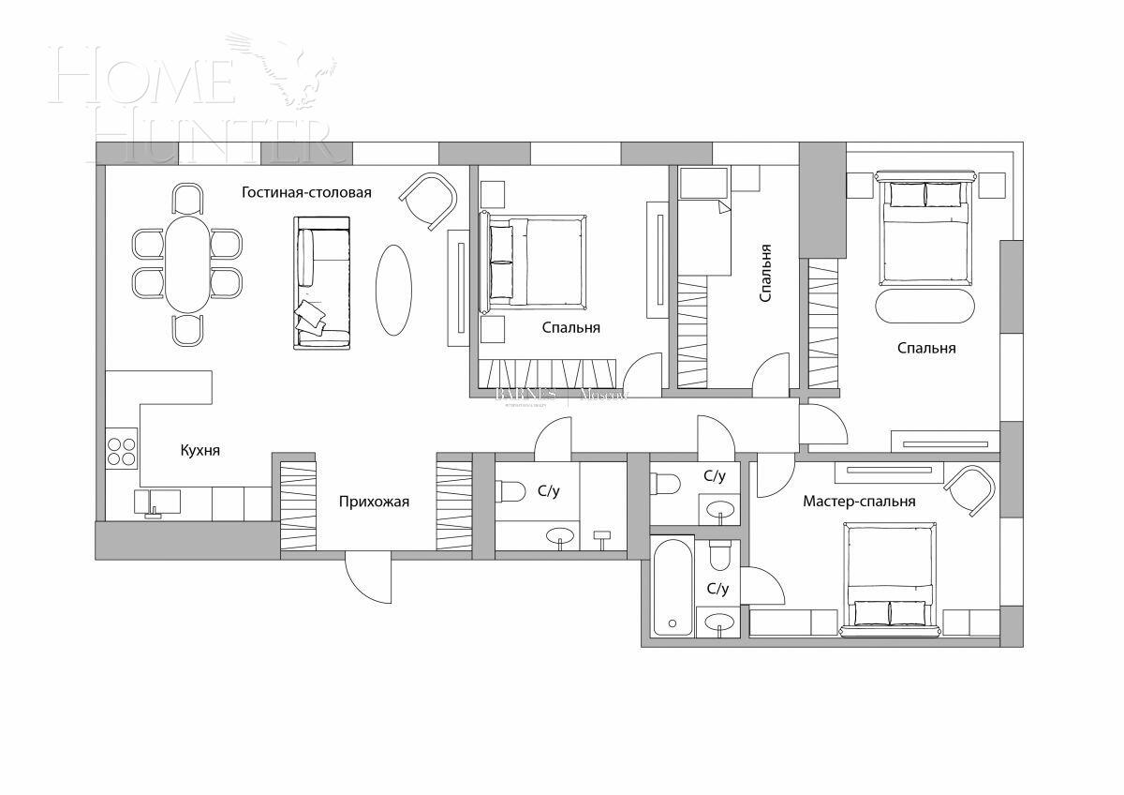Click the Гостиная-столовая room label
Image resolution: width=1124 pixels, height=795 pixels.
306,193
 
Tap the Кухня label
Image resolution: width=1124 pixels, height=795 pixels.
200,451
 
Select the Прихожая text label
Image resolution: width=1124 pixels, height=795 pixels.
374,502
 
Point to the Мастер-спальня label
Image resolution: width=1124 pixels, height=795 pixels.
859,502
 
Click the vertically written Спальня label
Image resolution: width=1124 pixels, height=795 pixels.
766,273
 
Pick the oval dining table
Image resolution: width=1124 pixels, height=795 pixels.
187,264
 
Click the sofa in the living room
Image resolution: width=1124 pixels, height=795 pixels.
322,282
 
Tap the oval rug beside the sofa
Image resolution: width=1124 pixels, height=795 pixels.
393,289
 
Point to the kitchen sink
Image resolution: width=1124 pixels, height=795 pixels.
155,502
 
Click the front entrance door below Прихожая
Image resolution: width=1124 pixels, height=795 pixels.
367,579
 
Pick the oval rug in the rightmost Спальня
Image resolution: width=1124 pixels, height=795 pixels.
924,305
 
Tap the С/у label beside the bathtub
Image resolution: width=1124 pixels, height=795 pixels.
717,589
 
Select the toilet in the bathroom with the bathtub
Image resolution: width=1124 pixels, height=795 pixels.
719,555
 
